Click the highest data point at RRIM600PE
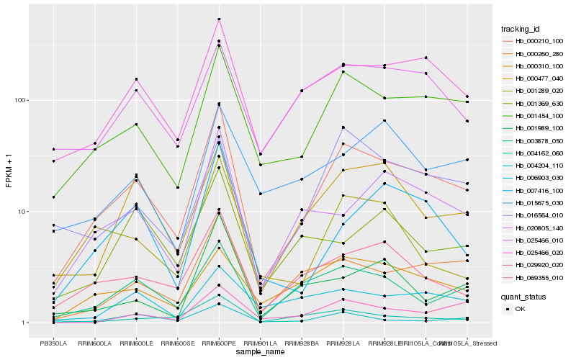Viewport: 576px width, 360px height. pyautogui.click(x=219, y=19)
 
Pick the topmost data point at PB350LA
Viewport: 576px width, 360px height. pyautogui.click(x=53, y=149)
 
